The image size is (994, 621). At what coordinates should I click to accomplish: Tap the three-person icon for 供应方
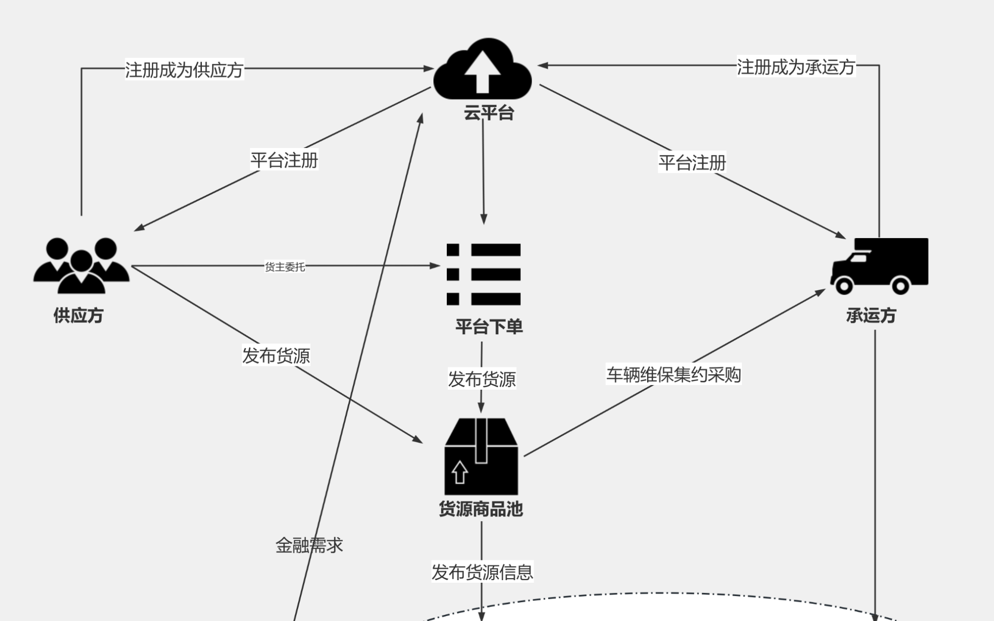tap(81, 265)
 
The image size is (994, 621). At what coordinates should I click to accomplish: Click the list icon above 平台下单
tap(484, 274)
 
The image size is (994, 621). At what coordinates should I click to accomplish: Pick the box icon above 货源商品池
tap(481, 456)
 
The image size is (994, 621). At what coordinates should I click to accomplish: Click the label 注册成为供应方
tap(184, 69)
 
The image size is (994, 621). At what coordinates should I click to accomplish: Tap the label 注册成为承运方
tap(796, 67)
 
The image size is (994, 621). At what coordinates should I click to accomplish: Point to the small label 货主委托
tap(285, 267)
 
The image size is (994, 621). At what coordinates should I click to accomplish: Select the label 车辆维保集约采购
tap(674, 374)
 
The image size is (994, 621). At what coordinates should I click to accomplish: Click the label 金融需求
tap(309, 545)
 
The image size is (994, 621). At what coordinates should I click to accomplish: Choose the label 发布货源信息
tap(482, 572)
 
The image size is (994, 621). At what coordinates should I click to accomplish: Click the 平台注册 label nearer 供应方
tap(284, 160)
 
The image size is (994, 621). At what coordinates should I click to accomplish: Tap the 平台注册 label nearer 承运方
tap(692, 162)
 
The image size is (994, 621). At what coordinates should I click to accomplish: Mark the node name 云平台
tap(489, 113)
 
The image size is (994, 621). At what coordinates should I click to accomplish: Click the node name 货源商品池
tap(481, 509)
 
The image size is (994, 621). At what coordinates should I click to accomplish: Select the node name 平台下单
tap(489, 327)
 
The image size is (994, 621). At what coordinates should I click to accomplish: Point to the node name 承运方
tap(871, 315)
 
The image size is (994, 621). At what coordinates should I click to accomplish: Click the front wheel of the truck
tap(844, 286)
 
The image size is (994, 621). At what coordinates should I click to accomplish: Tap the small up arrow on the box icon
tap(460, 471)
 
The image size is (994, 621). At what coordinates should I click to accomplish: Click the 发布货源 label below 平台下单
tap(481, 379)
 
